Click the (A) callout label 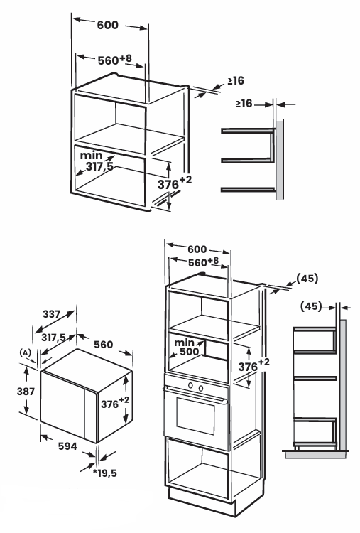[x=23, y=352]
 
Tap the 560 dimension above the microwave [x=103, y=344]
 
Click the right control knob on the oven [x=201, y=387]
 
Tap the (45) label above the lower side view [x=309, y=307]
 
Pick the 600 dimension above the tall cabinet [x=197, y=249]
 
